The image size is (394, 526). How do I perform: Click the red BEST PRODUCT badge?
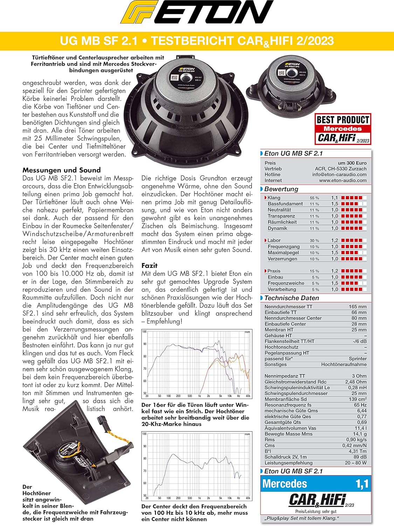pyautogui.click(x=343, y=129)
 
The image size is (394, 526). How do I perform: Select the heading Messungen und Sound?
pyautogui.click(x=61, y=170)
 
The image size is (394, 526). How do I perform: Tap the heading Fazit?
pyautogui.click(x=150, y=265)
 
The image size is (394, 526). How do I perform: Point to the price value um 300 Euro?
pyautogui.click(x=352, y=163)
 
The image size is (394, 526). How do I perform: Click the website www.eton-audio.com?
pyautogui.click(x=343, y=180)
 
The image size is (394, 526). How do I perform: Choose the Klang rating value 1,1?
pyautogui.click(x=334, y=198)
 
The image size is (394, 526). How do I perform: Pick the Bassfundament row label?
pyautogui.click(x=285, y=204)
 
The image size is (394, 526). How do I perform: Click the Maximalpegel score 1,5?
pyautogui.click(x=334, y=252)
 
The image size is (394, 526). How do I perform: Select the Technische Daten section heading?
pyautogui.click(x=291, y=298)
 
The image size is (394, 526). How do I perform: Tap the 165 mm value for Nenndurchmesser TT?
pyautogui.click(x=357, y=306)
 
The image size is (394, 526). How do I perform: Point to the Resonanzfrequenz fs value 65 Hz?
pyautogui.click(x=360, y=405)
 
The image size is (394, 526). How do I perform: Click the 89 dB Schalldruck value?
pyautogui.click(x=360, y=457)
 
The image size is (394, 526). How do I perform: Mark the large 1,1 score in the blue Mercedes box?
pyautogui.click(x=362, y=484)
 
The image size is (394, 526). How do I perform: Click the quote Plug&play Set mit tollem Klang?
pyautogui.click(x=302, y=518)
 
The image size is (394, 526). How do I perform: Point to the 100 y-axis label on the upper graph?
pyautogui.click(x=144, y=332)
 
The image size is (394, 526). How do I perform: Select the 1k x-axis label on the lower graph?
pyautogui.click(x=199, y=498)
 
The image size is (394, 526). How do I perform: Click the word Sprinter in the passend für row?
pyautogui.click(x=358, y=359)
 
